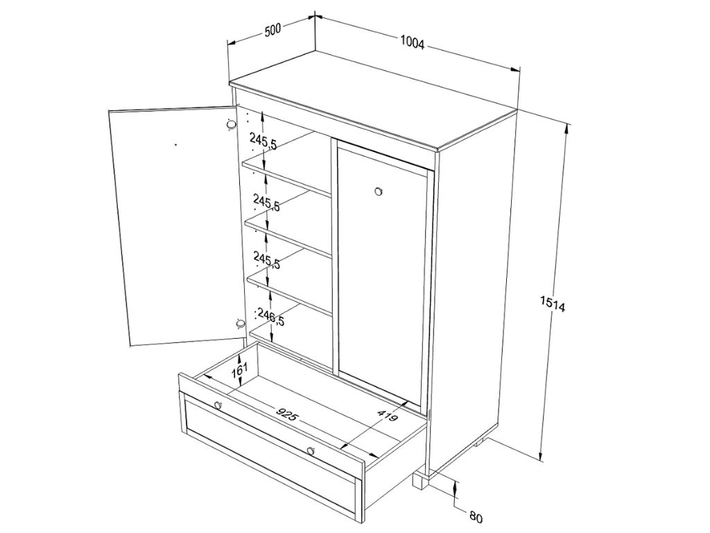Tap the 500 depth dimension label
[273, 31]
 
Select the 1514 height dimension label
[553, 304]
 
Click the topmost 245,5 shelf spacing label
[263, 142]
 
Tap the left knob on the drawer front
[218, 405]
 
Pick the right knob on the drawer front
[310, 450]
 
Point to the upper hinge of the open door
[231, 125]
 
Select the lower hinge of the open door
[241, 323]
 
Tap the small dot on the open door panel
[175, 145]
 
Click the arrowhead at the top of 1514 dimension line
[567, 131]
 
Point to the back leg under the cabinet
[479, 441]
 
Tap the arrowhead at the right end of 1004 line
[515, 69]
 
